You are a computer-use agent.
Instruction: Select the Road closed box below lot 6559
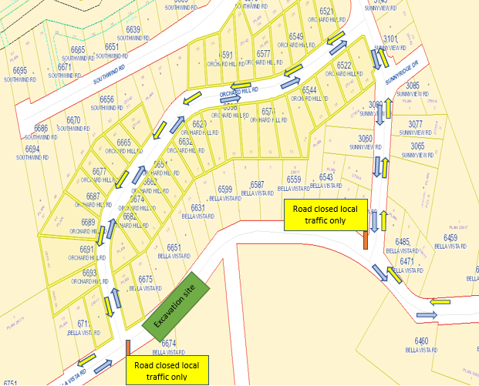325,213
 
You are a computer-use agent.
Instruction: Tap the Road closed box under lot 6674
167,370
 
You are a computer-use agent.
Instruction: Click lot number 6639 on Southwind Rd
133,30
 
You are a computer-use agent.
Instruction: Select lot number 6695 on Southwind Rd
20,71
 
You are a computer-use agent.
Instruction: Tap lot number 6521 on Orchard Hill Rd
326,12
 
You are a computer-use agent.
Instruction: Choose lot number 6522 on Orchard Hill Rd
344,65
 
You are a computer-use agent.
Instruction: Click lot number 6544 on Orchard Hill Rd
310,90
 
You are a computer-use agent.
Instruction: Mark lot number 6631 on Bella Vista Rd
198,208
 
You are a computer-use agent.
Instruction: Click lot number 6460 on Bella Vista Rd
421,341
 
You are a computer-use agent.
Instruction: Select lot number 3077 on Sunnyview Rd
416,124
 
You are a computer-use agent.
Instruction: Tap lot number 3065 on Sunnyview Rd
417,146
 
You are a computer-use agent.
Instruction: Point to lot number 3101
390,39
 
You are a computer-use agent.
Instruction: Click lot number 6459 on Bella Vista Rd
450,238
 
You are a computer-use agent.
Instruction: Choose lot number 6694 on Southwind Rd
32,149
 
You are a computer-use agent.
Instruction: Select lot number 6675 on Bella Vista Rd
146,280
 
